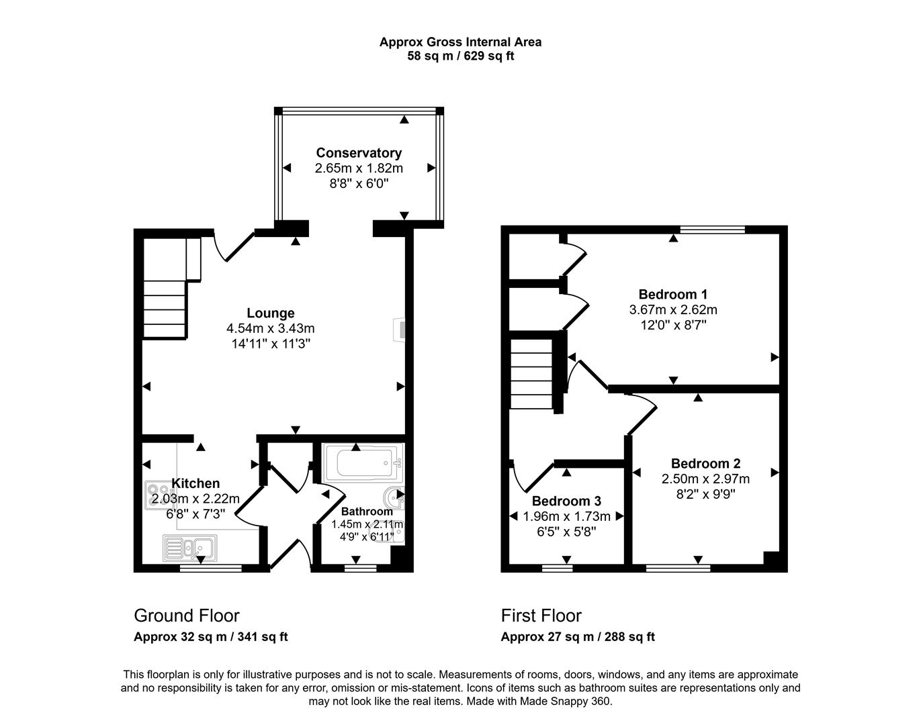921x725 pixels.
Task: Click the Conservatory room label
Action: [x=359, y=153]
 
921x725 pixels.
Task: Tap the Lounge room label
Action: [x=270, y=313]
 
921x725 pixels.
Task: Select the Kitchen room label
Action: [x=195, y=483]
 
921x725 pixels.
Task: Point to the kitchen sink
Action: [x=189, y=548]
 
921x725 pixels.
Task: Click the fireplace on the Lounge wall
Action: [x=400, y=330]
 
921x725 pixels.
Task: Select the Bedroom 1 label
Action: [x=672, y=294]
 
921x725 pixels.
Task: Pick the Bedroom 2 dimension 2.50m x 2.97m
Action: [x=705, y=479]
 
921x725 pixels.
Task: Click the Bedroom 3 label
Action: [x=566, y=501]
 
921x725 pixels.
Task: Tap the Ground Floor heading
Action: [x=187, y=616]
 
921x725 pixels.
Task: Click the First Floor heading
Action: [x=541, y=616]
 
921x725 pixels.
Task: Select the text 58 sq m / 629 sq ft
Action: [x=460, y=56]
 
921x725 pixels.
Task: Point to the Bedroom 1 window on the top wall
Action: [x=712, y=230]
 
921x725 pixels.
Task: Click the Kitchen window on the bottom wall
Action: [x=210, y=569]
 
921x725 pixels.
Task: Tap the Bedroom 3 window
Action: [x=557, y=569]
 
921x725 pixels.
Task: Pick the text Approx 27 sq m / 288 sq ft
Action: [x=578, y=637]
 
